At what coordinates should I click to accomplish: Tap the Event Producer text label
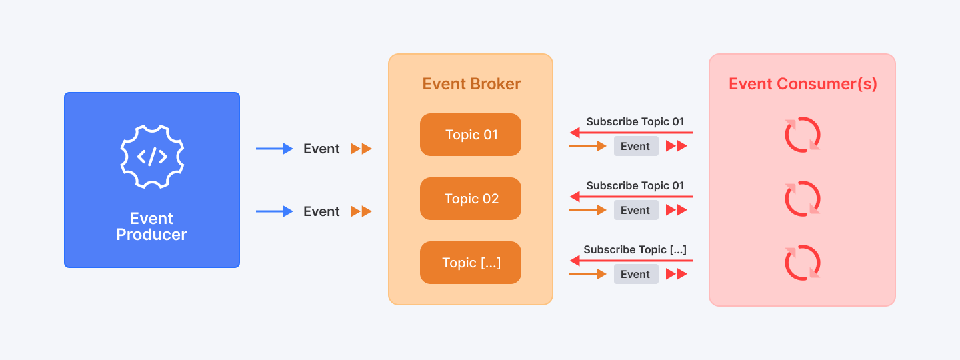[x=152, y=227]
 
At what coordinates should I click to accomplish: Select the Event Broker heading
[x=471, y=84]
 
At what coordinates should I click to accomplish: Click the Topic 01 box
[x=471, y=135]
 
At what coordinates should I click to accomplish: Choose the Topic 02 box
[x=471, y=199]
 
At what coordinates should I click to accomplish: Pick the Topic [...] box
[x=471, y=263]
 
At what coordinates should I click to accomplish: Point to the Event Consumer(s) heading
[x=803, y=84]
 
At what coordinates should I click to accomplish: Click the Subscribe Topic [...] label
[x=635, y=250]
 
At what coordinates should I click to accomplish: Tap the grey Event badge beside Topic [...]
[x=636, y=274]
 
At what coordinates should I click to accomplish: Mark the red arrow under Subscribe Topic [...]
[x=631, y=261]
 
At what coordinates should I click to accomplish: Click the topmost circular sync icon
[x=803, y=135]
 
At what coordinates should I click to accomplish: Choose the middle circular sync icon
[x=803, y=199]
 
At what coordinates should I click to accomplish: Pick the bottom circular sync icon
[x=803, y=263]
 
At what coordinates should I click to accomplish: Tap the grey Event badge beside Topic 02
[x=636, y=210]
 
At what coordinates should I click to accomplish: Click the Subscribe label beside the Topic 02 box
[x=635, y=186]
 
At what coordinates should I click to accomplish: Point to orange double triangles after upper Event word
[x=361, y=149]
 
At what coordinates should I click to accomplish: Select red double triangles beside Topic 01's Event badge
[x=677, y=146]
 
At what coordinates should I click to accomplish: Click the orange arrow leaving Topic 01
[x=587, y=146]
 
